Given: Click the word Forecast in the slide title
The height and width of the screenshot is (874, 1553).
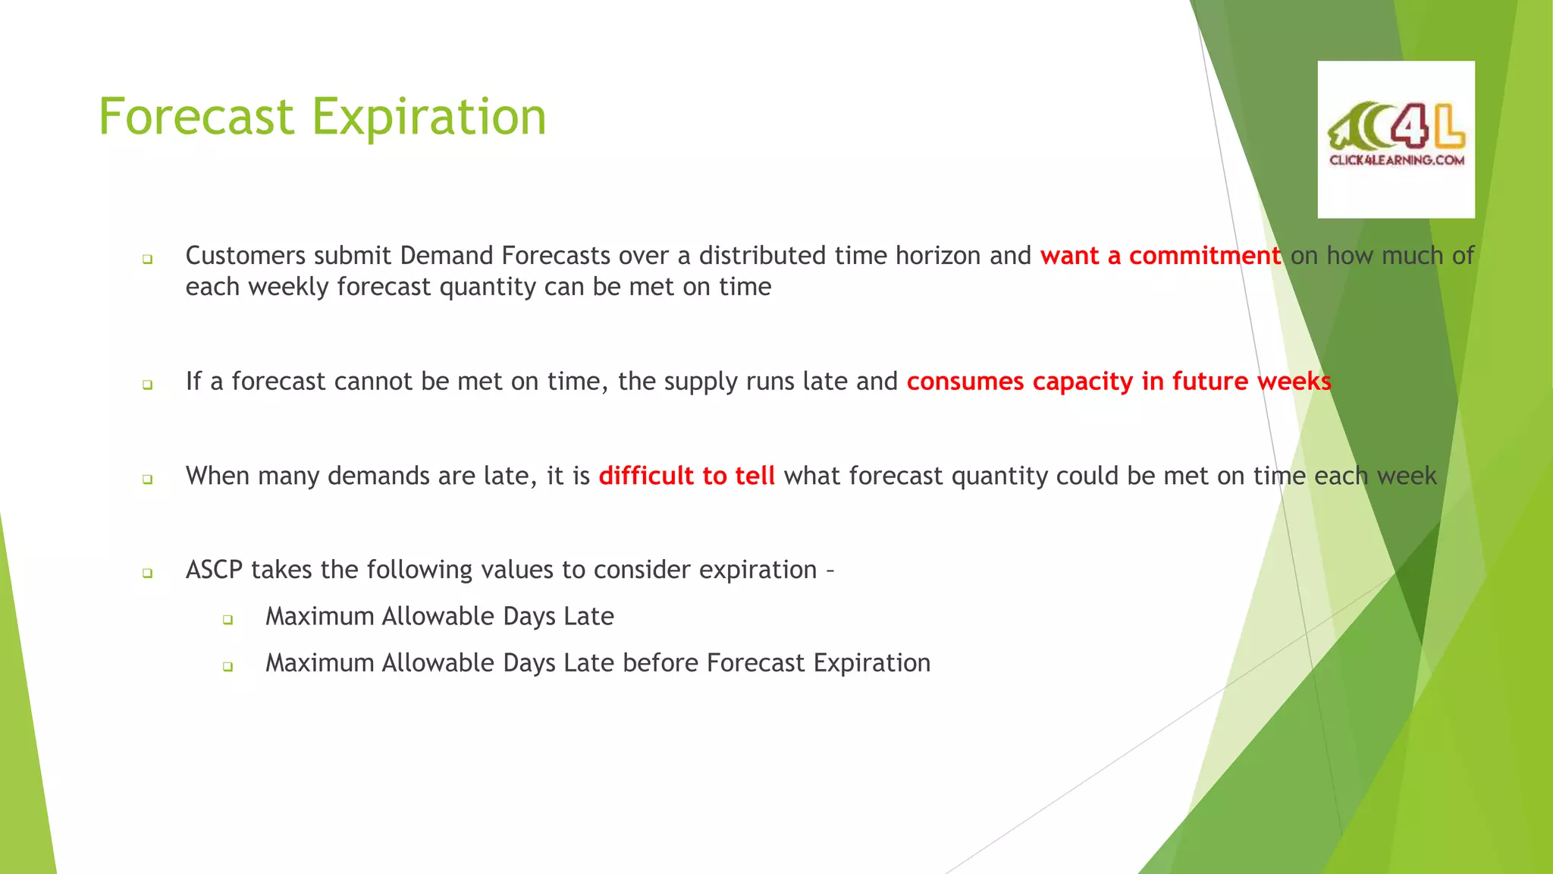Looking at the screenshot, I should (196, 117).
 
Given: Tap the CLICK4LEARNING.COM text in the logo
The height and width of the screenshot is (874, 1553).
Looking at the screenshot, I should (1396, 160).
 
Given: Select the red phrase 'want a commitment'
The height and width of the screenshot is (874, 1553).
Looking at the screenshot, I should (1160, 256).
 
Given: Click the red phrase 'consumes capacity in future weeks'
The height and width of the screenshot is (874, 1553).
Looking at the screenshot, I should (1118, 381).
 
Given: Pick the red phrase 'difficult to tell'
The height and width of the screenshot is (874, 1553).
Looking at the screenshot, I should (686, 476).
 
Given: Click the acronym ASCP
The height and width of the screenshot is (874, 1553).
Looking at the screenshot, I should (214, 570).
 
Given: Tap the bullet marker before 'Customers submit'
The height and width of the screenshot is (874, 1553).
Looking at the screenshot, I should (147, 259).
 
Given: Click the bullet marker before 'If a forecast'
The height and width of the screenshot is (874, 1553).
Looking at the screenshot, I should (147, 385).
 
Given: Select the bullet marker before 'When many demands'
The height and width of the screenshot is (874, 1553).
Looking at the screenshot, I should (147, 479).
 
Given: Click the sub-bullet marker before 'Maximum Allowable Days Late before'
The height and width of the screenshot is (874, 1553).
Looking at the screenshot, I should (227, 667).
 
